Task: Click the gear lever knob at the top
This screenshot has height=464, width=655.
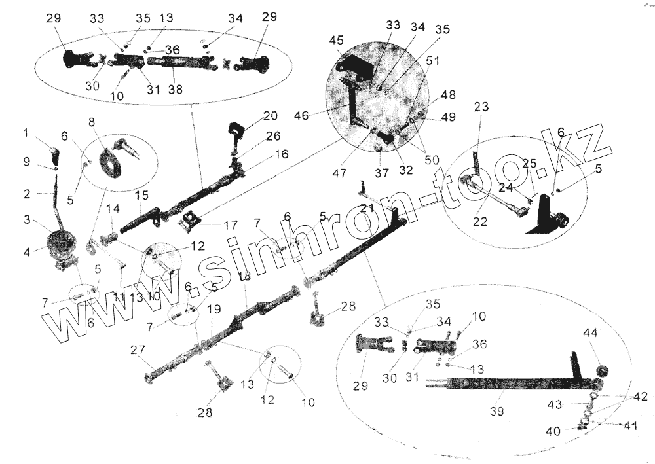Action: pyautogui.click(x=54, y=155)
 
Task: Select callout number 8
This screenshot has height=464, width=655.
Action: pyautogui.click(x=91, y=122)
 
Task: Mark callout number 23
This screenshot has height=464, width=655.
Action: pyautogui.click(x=481, y=107)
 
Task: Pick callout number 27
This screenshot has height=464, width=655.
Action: pyautogui.click(x=137, y=349)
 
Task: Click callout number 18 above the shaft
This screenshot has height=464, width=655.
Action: pyautogui.click(x=244, y=277)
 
